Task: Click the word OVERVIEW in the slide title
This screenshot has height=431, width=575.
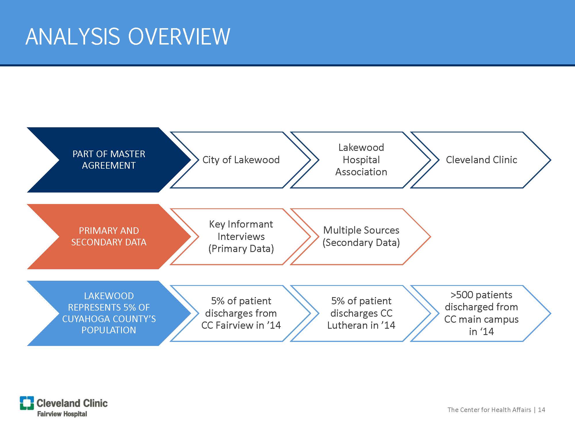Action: click(179, 37)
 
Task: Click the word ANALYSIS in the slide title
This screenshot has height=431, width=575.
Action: click(72, 37)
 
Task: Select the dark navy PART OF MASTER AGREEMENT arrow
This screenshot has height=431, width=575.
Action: click(109, 160)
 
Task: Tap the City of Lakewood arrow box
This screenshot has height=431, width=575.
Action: click(241, 160)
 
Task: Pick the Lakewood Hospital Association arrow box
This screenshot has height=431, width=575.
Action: click(361, 160)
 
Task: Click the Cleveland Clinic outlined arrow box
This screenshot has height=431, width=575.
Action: click(481, 160)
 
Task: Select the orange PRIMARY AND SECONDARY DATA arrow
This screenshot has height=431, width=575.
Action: click(109, 236)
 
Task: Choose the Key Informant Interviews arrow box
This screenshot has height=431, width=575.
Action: click(241, 236)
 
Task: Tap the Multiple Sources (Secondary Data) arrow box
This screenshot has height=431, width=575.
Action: click(361, 236)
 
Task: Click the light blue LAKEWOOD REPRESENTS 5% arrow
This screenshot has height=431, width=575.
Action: click(109, 313)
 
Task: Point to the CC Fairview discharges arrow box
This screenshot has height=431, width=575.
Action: click(241, 313)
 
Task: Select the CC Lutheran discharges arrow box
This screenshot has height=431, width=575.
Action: click(361, 313)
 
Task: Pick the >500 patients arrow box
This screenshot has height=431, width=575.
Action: click(481, 313)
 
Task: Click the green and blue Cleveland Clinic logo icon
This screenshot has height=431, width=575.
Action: click(27, 403)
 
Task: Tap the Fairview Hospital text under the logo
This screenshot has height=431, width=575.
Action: click(62, 414)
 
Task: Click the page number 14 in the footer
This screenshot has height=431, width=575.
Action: click(541, 410)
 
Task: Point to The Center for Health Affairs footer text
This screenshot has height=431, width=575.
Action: click(489, 410)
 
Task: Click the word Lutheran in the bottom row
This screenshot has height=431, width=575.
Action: click(348, 325)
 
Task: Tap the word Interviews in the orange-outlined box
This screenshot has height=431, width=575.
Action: click(241, 236)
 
